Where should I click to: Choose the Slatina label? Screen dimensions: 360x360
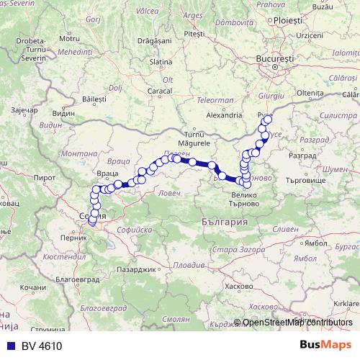click(x=159, y=62)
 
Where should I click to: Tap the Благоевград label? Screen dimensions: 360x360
click(x=78, y=277)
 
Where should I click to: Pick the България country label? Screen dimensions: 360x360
click(x=225, y=224)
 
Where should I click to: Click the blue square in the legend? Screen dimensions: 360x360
click(x=7, y=346)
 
